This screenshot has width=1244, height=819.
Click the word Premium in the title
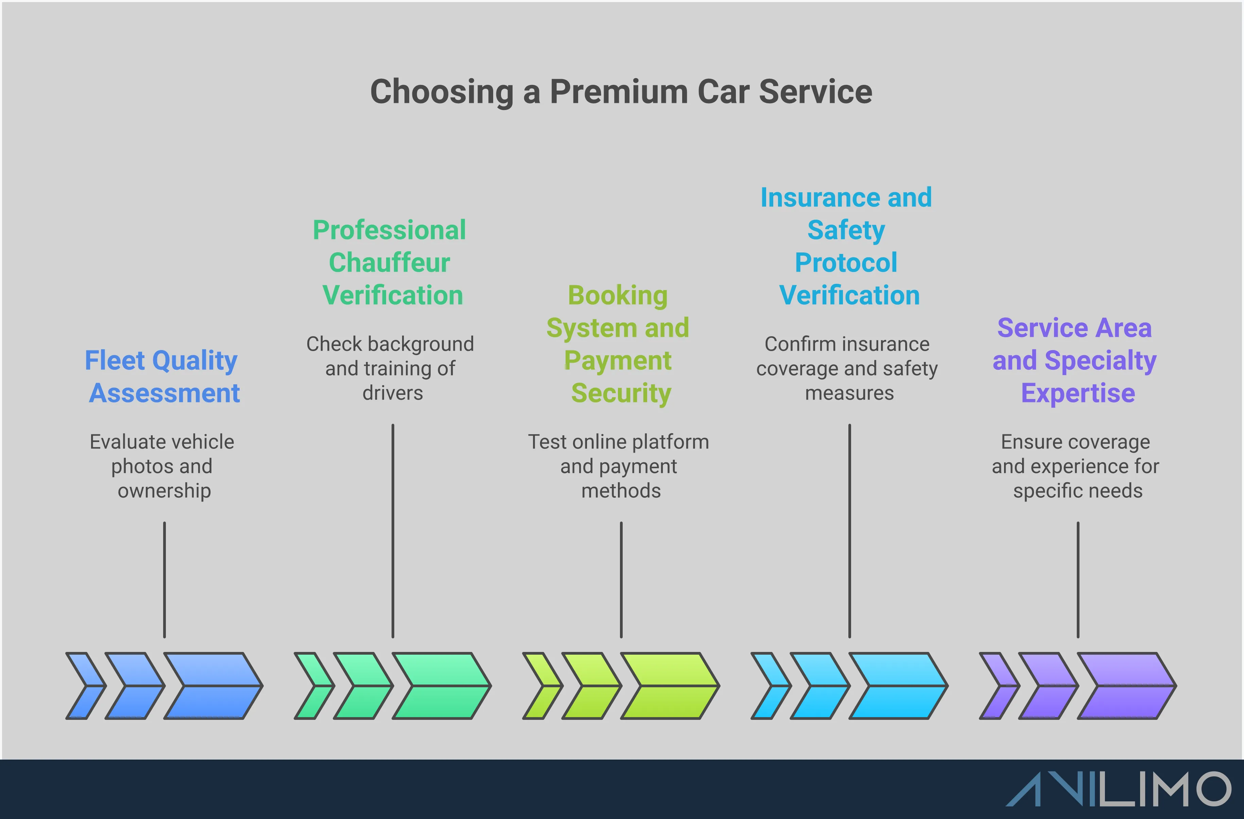(x=618, y=92)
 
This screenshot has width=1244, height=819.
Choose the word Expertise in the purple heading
(x=1078, y=393)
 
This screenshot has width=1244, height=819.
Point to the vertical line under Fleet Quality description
(x=164, y=580)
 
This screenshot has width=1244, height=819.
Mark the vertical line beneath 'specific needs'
(x=1078, y=580)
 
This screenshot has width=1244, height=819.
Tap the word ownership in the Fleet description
(x=164, y=491)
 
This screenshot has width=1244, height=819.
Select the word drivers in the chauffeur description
(x=393, y=393)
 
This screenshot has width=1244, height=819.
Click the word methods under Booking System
(x=621, y=491)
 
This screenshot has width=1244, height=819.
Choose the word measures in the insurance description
(x=849, y=393)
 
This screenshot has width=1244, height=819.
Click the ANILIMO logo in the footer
(x=1119, y=789)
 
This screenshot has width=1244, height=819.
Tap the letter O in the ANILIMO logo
(x=1208, y=789)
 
